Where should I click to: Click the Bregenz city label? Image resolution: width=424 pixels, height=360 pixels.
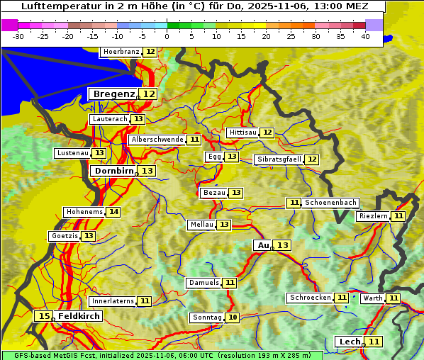pos(113,94)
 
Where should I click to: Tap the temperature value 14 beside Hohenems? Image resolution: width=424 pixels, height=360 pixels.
pos(113,212)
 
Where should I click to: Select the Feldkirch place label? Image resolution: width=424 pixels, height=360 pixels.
pos(79,316)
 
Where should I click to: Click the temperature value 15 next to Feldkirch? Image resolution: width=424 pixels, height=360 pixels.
pos(44,316)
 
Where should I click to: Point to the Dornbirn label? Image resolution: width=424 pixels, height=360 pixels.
pos(113,171)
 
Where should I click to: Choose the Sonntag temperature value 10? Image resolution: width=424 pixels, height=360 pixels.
pos(233,317)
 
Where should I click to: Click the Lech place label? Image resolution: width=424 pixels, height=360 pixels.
pos(350,342)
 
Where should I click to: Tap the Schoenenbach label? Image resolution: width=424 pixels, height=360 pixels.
pos(330,203)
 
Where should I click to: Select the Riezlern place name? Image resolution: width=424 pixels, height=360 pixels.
pos(373,216)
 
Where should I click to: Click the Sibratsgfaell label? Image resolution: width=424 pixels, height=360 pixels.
pos(279,159)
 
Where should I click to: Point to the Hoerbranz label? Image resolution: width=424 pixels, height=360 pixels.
pos(121,52)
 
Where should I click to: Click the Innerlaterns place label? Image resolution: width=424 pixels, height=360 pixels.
pos(112,301)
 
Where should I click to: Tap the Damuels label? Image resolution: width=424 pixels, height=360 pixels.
pos(203,283)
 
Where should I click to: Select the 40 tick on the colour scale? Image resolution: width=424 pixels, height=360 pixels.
pos(365,36)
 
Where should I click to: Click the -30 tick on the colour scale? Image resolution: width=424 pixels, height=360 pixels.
pos(18,36)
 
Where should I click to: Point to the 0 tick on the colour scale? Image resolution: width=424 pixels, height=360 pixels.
pos(167,36)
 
